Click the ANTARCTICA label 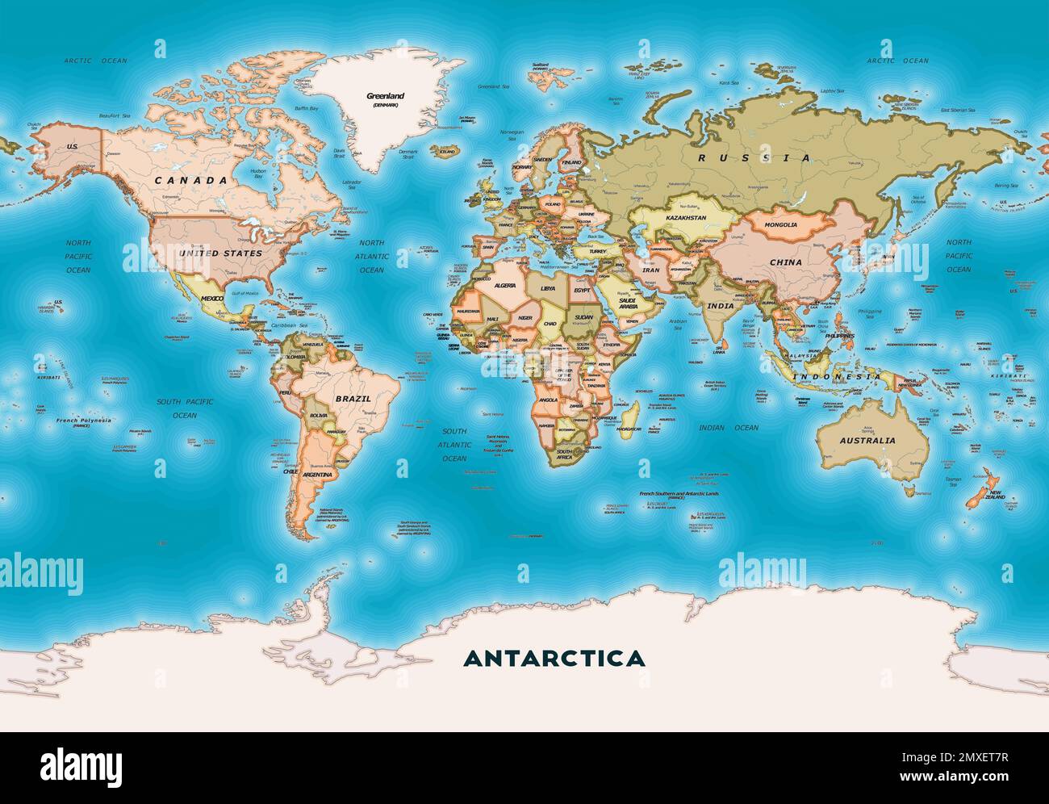[554, 658]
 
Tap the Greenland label [385, 96]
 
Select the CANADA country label [191, 181]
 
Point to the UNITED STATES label [220, 253]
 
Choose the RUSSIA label [755, 158]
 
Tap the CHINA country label [785, 262]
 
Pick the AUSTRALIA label [867, 441]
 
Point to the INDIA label [721, 307]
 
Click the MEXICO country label [211, 299]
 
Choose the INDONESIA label [835, 377]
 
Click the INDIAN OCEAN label [728, 428]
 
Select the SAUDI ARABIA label [628, 304]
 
